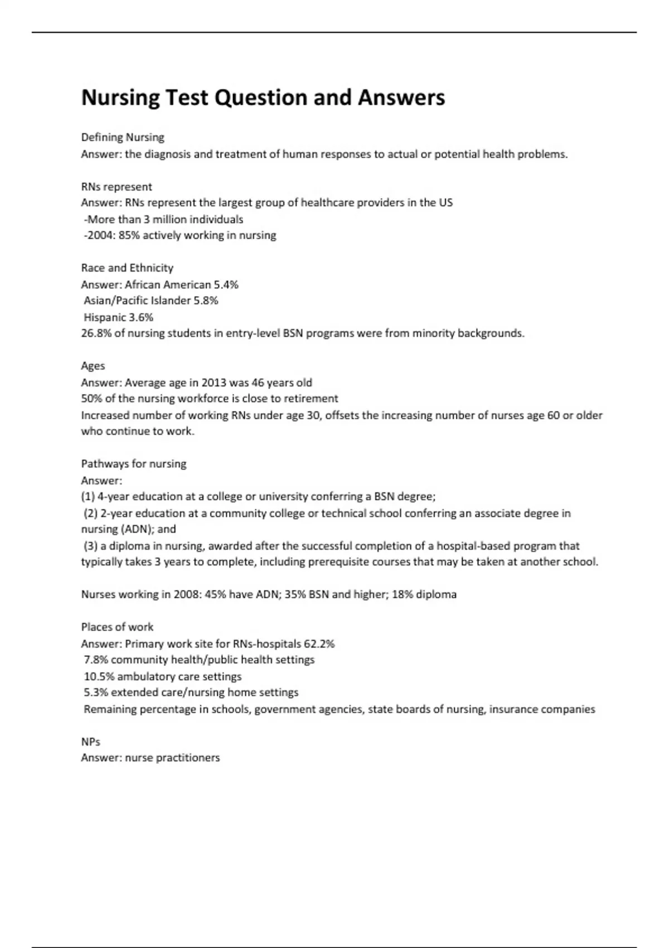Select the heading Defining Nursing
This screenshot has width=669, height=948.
(x=123, y=137)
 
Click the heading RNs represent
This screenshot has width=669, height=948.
(x=117, y=186)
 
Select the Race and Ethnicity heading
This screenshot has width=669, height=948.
(x=127, y=268)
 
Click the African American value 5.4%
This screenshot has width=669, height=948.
(x=226, y=284)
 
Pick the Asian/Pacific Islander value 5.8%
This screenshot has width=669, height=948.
(x=206, y=301)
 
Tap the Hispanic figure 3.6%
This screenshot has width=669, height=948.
(x=141, y=317)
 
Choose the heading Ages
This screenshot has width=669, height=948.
(x=93, y=366)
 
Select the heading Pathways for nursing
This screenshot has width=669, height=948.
(x=134, y=464)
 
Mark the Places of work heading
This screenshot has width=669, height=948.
(x=117, y=627)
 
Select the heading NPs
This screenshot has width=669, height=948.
(x=91, y=742)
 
